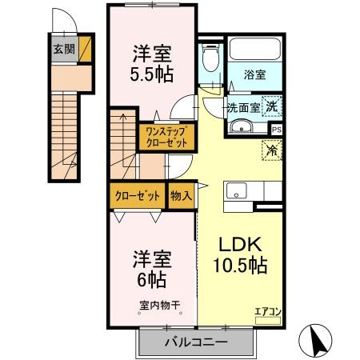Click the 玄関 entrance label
tap(64, 49)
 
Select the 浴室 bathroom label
tap(254, 74)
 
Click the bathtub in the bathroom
tap(255, 49)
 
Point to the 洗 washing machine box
tap(272, 106)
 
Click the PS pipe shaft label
tap(277, 130)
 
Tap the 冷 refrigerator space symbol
tap(272, 150)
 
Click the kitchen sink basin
tap(236, 190)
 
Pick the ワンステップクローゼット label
tap(167, 137)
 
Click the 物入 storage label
tap(181, 195)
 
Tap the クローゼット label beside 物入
tap(138, 196)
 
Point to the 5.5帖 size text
tap(152, 74)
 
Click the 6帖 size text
tap(152, 279)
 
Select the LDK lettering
tap(240, 244)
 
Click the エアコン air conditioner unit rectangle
tap(268, 321)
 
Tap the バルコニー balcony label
tap(196, 342)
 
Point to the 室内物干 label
tap(160, 306)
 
